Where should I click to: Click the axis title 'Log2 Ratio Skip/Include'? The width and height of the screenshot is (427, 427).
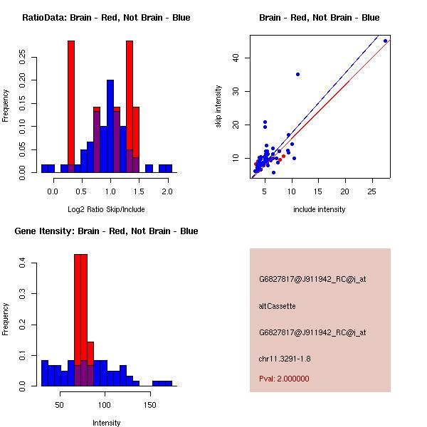[106, 209]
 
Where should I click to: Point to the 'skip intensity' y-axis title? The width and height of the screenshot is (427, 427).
[218, 107]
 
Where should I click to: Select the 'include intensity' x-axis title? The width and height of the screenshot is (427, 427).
[320, 209]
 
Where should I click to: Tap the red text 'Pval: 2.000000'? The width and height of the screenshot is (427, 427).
[284, 379]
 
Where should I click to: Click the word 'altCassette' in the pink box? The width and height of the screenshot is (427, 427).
[277, 306]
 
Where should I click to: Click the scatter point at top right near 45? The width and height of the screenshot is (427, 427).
[385, 41]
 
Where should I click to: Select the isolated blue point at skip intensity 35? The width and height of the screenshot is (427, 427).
[297, 74]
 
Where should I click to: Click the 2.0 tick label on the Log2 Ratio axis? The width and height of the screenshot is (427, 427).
[167, 191]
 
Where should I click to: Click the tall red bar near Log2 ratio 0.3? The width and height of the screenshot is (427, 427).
[71, 107]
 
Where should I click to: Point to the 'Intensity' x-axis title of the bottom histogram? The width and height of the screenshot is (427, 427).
[106, 423]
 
